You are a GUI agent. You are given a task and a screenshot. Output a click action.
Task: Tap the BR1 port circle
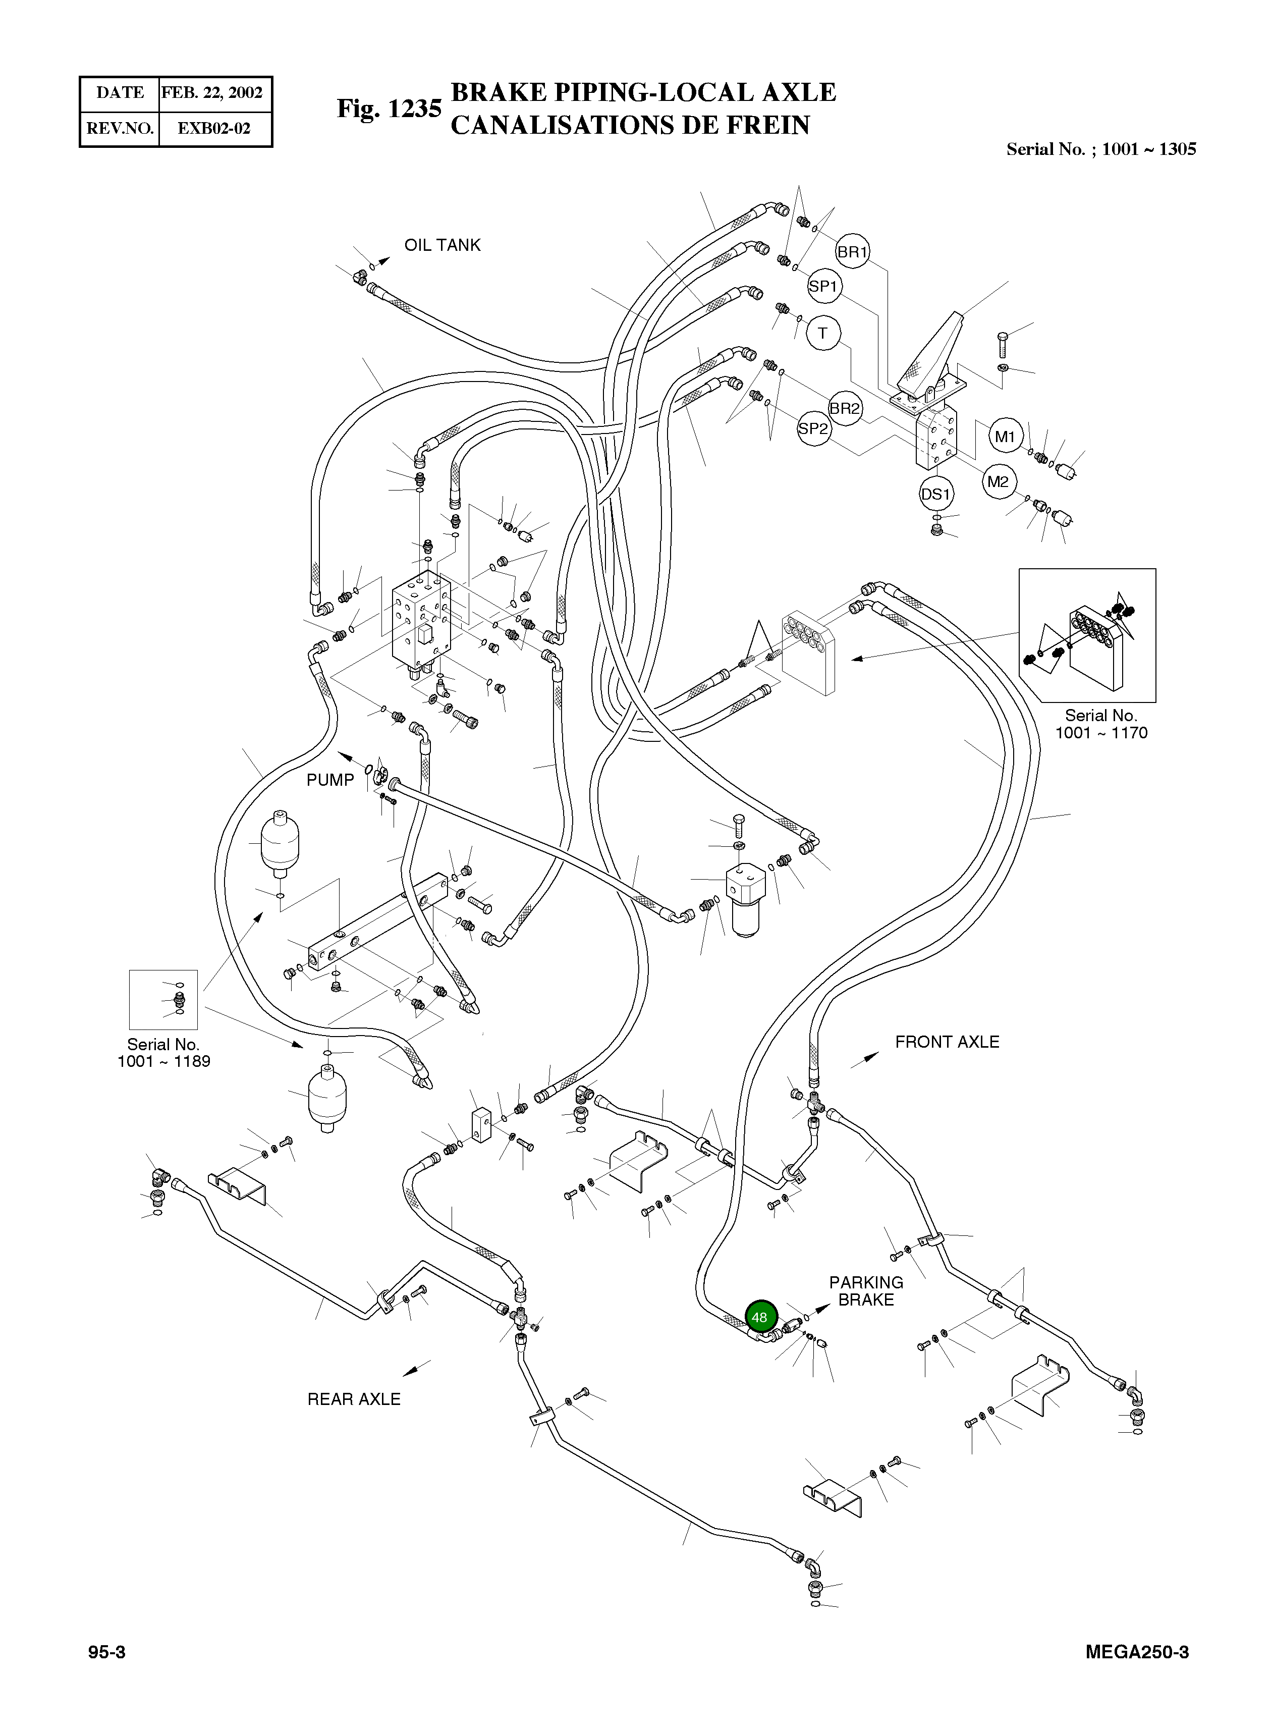(x=852, y=252)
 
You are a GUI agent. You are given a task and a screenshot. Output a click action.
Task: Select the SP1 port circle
(x=823, y=287)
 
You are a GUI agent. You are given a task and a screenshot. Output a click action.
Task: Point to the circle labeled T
(x=823, y=334)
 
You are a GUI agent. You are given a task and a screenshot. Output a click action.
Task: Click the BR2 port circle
(x=846, y=408)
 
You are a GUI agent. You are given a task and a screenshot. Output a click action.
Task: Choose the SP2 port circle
(x=814, y=429)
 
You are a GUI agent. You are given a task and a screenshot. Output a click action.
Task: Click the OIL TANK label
(x=442, y=245)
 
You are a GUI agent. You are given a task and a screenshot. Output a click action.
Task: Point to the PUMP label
(x=330, y=780)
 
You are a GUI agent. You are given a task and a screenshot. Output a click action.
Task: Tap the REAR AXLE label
(x=354, y=1399)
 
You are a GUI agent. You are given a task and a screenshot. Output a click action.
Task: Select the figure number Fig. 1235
(x=389, y=109)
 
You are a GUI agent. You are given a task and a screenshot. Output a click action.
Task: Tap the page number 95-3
(x=107, y=1652)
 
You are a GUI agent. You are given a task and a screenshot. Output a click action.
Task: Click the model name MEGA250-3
(x=1137, y=1652)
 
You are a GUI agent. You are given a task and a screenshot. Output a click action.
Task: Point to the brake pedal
(x=931, y=350)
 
